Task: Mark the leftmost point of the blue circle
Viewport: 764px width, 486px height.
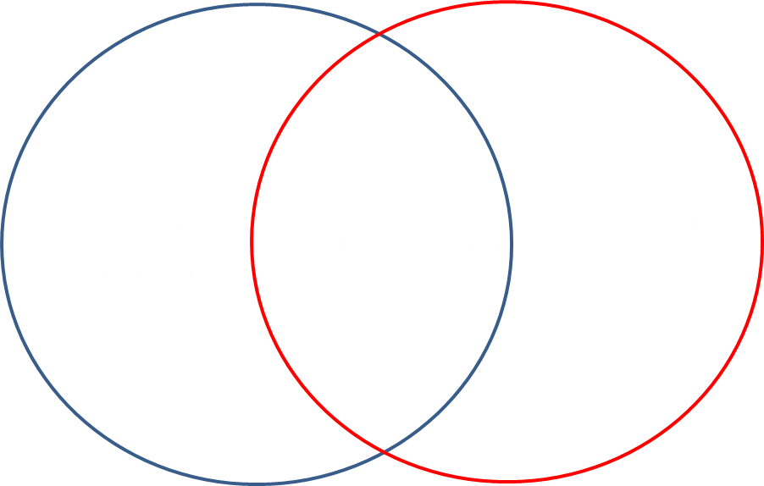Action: (3, 244)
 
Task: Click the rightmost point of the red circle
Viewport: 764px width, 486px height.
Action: (761, 242)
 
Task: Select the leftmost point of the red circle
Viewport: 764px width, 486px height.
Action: (252, 244)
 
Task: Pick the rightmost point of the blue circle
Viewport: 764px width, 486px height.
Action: (512, 244)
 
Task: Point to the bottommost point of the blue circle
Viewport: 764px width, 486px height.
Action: (257, 483)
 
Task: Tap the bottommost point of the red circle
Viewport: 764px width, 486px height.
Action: (507, 483)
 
